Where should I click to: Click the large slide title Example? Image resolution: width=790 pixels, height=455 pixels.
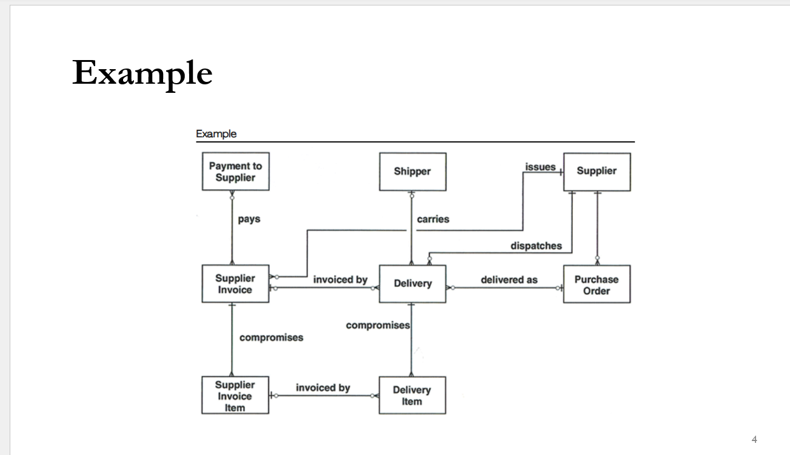pyautogui.click(x=142, y=73)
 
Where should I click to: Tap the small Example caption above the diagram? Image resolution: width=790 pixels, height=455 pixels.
pyautogui.click(x=216, y=133)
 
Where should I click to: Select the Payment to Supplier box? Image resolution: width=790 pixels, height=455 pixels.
pyautogui.click(x=235, y=172)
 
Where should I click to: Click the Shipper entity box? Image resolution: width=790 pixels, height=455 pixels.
pyautogui.click(x=412, y=172)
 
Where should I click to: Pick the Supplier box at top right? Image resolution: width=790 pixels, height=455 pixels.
pyautogui.click(x=597, y=171)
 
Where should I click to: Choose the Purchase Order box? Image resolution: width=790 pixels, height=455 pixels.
pyautogui.click(x=597, y=285)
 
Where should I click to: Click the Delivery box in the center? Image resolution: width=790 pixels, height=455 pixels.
pyautogui.click(x=412, y=283)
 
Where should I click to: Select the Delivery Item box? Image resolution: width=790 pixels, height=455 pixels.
pyautogui.click(x=412, y=396)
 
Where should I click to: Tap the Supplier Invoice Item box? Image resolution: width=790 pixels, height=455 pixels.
pyautogui.click(x=235, y=396)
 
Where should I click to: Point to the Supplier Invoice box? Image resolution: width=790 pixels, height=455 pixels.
pyautogui.click(x=235, y=284)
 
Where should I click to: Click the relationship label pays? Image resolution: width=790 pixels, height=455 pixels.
pyautogui.click(x=249, y=219)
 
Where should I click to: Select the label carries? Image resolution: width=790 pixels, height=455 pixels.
pyautogui.click(x=433, y=219)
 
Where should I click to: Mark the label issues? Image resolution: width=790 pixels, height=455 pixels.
pyautogui.click(x=540, y=167)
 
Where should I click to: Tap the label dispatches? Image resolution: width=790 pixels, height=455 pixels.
pyautogui.click(x=536, y=246)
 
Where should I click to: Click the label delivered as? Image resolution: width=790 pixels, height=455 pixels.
pyautogui.click(x=509, y=280)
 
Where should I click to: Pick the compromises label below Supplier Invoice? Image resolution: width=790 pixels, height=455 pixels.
pyautogui.click(x=271, y=337)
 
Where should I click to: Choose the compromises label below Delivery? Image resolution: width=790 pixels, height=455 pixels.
pyautogui.click(x=378, y=326)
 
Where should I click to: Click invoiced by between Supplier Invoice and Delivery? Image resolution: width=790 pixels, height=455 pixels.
pyautogui.click(x=340, y=280)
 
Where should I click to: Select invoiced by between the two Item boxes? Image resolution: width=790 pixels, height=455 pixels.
pyautogui.click(x=323, y=388)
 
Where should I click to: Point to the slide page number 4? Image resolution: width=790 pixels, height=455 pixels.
pyautogui.click(x=754, y=439)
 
